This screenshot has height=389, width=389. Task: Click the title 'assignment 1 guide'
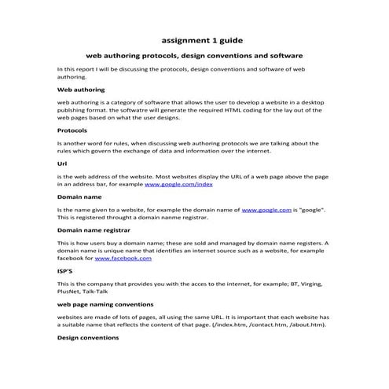coord(195,38)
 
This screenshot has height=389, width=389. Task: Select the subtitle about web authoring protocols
coord(194,57)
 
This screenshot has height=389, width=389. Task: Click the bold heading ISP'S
coord(66,270)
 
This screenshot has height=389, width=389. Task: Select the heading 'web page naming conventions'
coord(105,303)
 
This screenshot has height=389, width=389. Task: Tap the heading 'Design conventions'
coord(88,337)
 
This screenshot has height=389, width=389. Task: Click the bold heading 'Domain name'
coord(79,197)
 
